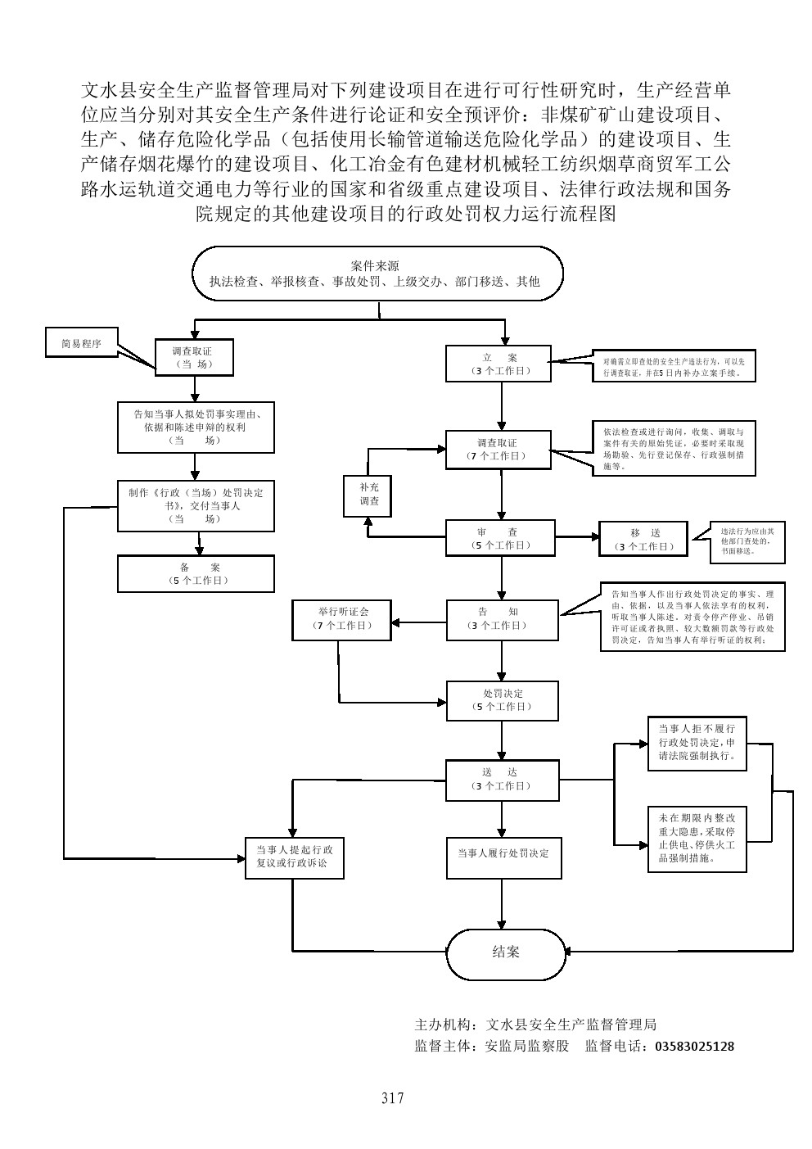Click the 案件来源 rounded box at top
pos(377,274)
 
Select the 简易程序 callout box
pos(82,344)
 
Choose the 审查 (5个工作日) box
pos(499,538)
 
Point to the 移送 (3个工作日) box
pos(645,540)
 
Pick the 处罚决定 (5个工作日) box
pos(502,699)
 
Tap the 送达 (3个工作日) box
pos(500,779)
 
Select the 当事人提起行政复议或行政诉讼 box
pos(295,857)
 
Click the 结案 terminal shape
pos(506,952)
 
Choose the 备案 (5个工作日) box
pos(195,573)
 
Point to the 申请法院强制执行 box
pos(697,743)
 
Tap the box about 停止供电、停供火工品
pos(697,838)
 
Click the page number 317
pos(392,1098)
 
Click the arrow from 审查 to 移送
pos(576,538)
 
